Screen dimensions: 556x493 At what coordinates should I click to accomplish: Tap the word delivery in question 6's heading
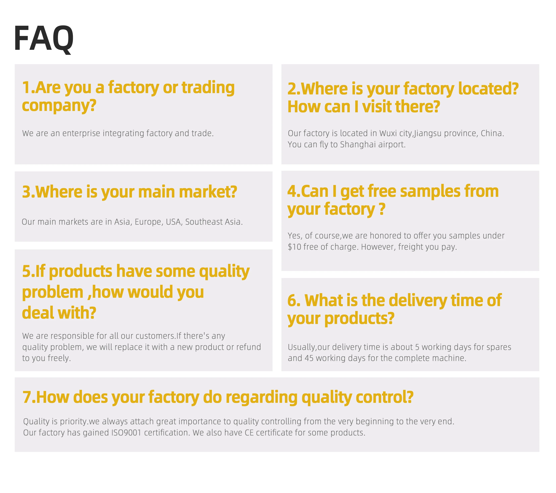coord(418,301)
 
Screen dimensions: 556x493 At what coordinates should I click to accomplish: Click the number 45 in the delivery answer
coord(309,358)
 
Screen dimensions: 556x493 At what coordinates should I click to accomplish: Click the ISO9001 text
coord(126,433)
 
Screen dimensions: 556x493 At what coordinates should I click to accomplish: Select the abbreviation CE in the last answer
coord(249,433)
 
